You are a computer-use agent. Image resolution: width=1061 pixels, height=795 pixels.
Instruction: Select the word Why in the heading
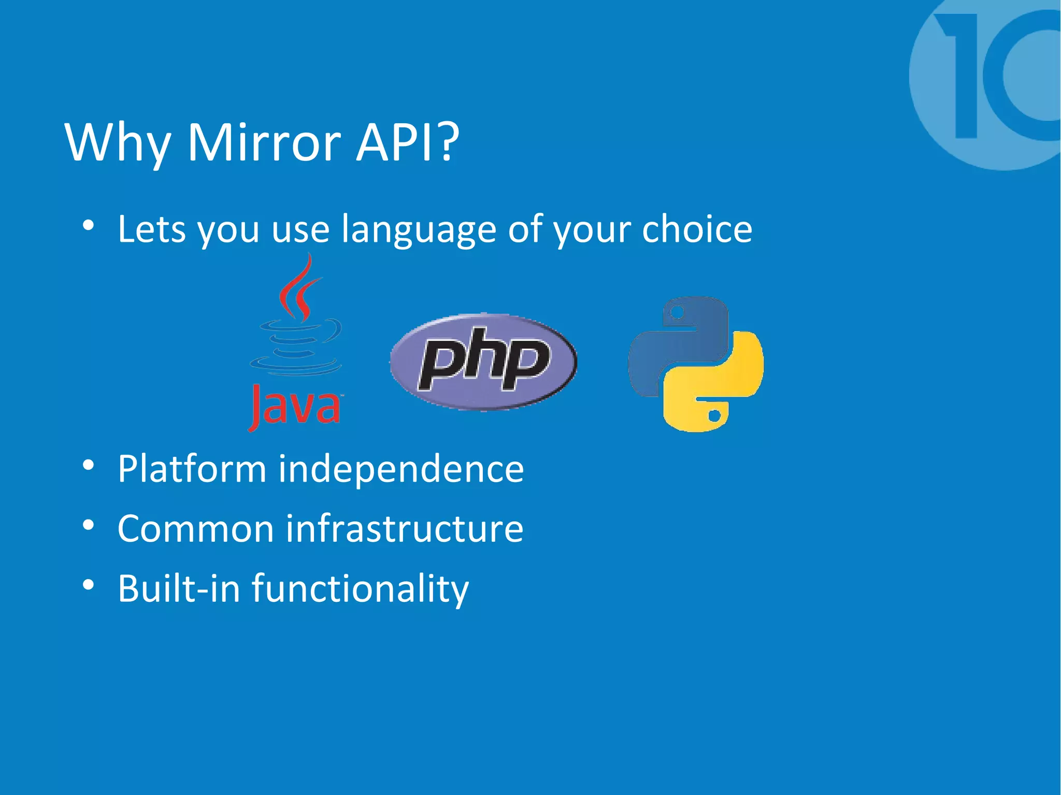118,144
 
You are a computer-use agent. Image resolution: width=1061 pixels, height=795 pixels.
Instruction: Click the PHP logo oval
483,361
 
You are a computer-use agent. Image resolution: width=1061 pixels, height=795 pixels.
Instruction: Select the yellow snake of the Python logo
720,386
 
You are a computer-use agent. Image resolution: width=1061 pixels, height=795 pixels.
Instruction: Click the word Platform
192,469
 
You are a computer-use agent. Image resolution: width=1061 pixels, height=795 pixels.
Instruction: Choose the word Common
195,529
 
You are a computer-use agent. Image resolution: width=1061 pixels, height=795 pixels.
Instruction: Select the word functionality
360,589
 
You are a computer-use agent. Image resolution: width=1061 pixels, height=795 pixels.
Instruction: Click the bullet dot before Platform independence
88,465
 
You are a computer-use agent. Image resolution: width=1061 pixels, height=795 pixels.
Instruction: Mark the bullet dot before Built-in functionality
88,585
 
